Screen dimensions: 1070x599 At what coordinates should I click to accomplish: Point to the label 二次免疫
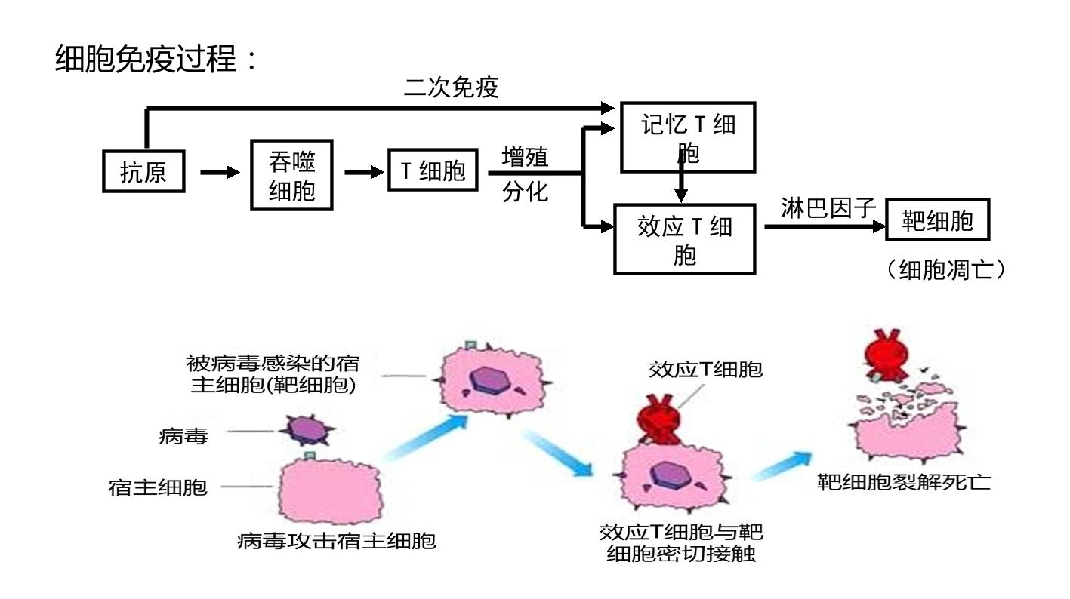(452, 88)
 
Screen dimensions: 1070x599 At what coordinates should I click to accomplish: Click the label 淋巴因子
(828, 208)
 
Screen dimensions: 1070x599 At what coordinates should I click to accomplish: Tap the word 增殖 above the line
(525, 157)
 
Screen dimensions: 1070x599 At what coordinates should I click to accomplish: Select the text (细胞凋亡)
(946, 269)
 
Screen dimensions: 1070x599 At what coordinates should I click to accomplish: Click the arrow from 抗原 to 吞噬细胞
(220, 172)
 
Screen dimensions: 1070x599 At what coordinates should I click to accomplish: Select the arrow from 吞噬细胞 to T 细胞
(364, 172)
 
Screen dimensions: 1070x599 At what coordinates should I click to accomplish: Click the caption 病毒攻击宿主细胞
(336, 541)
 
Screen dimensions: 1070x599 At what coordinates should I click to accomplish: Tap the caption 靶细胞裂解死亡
(904, 482)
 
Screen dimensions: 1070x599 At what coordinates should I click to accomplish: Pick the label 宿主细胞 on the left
(158, 487)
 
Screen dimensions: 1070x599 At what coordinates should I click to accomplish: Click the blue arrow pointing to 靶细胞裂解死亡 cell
(782, 465)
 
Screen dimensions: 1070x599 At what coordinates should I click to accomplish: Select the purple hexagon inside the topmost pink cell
(492, 380)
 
